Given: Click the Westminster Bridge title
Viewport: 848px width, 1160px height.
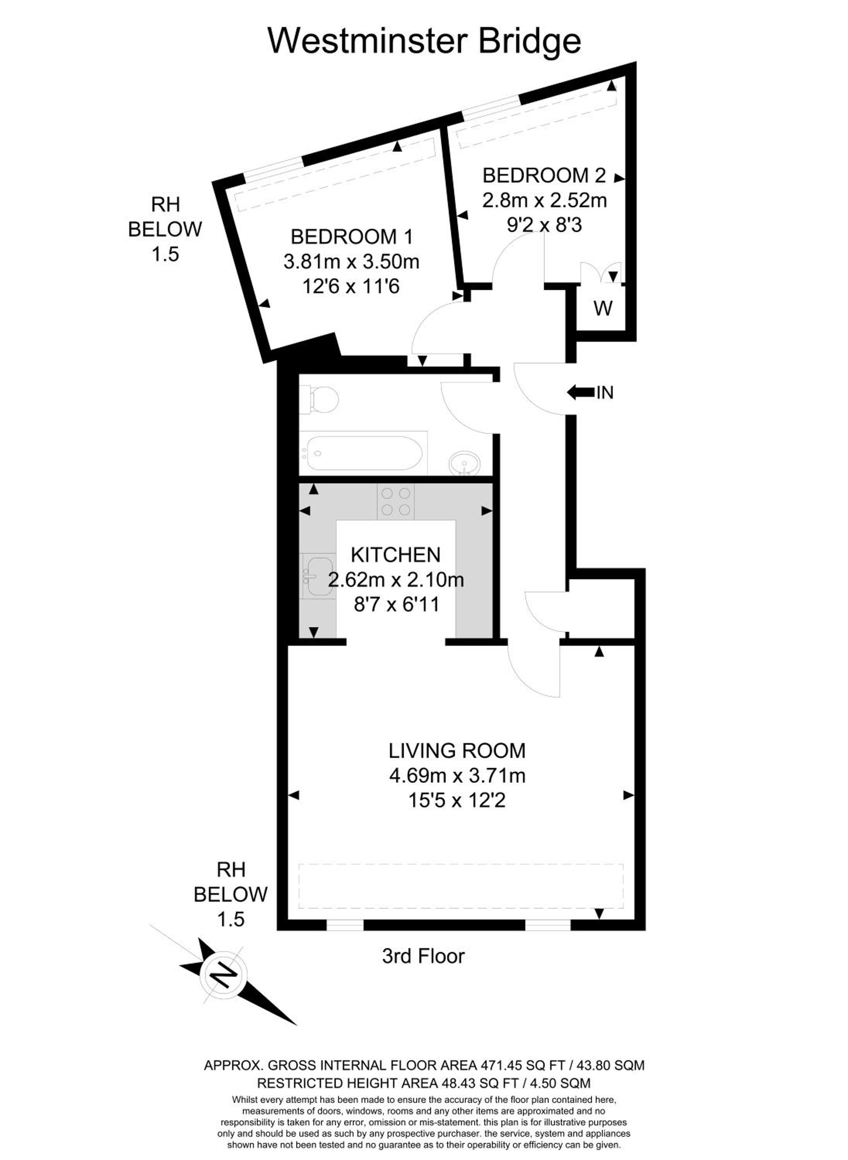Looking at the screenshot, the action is tap(424, 41).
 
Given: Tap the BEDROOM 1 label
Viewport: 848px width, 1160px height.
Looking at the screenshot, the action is tap(352, 237).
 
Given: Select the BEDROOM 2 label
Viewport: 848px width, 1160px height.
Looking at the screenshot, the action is tap(544, 176).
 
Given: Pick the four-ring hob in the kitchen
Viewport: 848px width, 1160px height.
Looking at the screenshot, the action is tap(396, 501).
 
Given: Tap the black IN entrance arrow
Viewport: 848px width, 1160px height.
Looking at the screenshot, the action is tap(580, 393).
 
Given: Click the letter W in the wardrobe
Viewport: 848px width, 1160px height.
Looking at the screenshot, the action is tap(603, 308).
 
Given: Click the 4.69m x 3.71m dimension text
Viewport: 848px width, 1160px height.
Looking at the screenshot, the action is tap(457, 775).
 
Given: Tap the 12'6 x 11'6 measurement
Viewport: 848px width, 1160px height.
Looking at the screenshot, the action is tap(351, 286).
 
